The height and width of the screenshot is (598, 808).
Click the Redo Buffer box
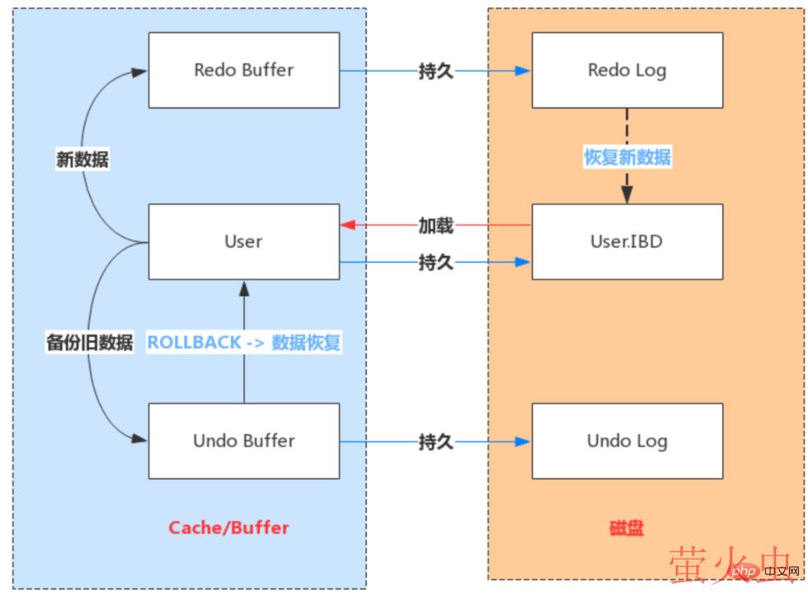tap(244, 70)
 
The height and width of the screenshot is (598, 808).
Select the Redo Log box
tap(627, 70)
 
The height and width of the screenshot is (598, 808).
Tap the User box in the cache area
tap(244, 241)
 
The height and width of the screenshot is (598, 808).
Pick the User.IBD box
tap(627, 241)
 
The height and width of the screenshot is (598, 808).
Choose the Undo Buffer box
tap(244, 441)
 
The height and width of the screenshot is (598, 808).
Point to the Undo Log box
tap(627, 441)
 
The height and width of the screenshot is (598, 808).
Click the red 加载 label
tap(435, 225)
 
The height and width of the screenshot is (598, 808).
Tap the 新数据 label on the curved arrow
tap(82, 159)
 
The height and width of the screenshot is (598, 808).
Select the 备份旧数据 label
tap(90, 342)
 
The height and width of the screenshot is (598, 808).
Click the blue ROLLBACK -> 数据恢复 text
tap(243, 342)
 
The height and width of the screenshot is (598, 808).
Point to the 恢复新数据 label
tap(627, 157)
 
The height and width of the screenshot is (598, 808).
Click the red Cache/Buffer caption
tap(229, 527)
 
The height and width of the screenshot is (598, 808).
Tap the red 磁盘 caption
tap(627, 527)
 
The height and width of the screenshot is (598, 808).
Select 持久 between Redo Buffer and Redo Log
tap(435, 71)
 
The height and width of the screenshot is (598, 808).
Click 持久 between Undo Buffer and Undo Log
tap(435, 442)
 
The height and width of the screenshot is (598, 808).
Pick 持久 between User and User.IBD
tap(435, 262)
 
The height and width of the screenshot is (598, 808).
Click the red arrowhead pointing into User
tap(347, 225)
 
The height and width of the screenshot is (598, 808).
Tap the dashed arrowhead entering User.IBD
tap(627, 196)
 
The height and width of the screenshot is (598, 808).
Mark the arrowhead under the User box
tap(244, 286)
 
